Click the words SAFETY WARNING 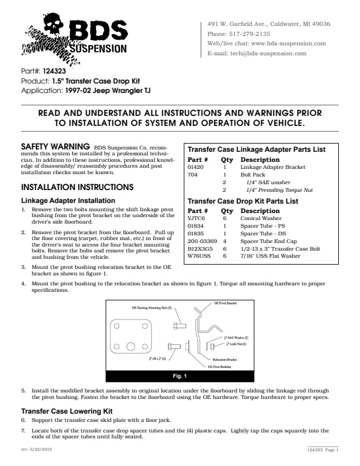pyautogui.click(x=55, y=145)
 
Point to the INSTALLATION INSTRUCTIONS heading pyautogui.click(x=77, y=188)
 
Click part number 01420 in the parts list pyautogui.click(x=195, y=167)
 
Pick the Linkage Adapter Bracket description pyautogui.click(x=272, y=167)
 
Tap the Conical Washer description pyautogui.click(x=261, y=218)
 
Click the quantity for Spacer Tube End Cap pyautogui.click(x=225, y=241)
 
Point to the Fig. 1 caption pyautogui.click(x=179, y=375)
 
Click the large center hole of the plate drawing pyautogui.click(x=131, y=346)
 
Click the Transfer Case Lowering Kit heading pyautogui.click(x=66, y=411)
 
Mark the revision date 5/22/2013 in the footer pyautogui.click(x=41, y=450)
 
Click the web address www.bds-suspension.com pyautogui.click(x=288, y=44)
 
